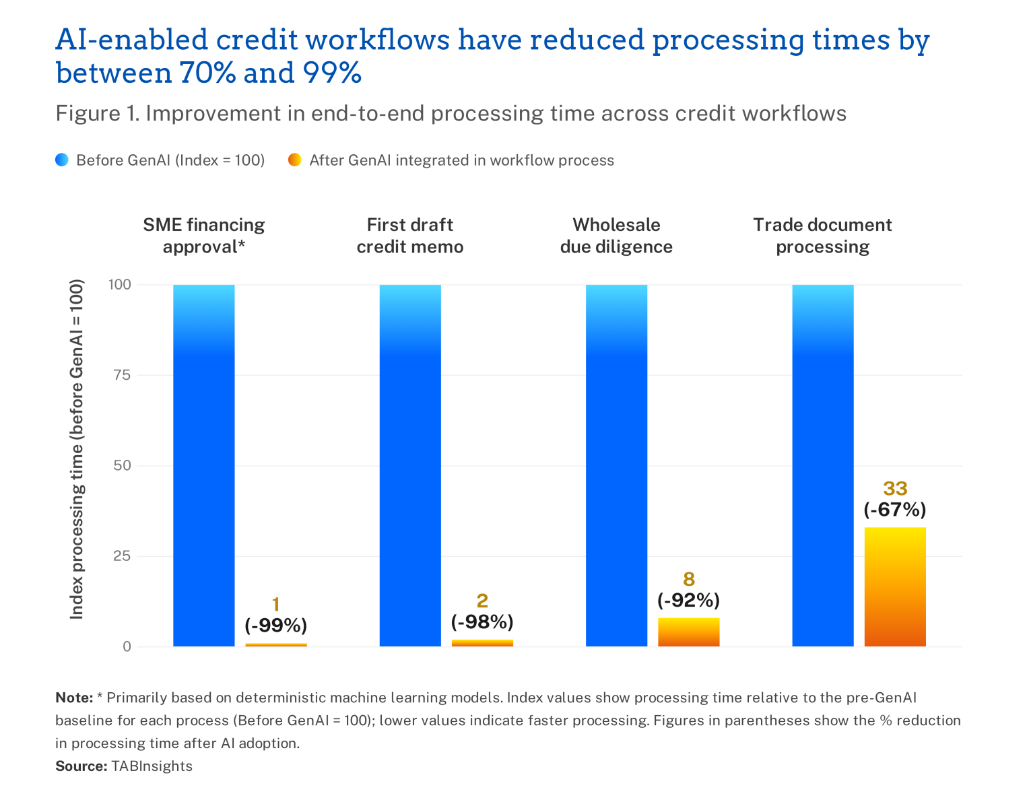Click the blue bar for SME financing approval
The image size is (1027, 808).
point(204,465)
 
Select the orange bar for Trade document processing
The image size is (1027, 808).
point(895,587)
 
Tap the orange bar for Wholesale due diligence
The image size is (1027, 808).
point(689,632)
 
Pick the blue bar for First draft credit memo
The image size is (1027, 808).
point(410,465)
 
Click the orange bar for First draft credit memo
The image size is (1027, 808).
point(482,643)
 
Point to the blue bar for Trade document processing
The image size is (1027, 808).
point(823,465)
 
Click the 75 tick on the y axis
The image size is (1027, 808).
point(122,375)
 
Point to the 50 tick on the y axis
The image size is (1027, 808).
point(122,465)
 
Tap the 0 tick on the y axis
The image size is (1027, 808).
point(127,646)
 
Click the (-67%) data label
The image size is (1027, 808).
point(895,510)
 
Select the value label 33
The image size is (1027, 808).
point(895,488)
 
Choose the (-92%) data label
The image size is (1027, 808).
point(689,600)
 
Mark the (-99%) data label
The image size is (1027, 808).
point(276,626)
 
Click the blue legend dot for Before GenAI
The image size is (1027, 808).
point(62,160)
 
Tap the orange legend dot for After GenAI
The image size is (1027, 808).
point(295,160)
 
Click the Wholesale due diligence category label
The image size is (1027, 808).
point(616,236)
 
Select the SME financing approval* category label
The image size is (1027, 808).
point(204,236)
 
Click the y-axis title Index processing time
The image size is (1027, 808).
point(76,449)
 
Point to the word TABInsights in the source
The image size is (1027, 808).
point(152,766)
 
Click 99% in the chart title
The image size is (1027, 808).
point(332,73)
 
